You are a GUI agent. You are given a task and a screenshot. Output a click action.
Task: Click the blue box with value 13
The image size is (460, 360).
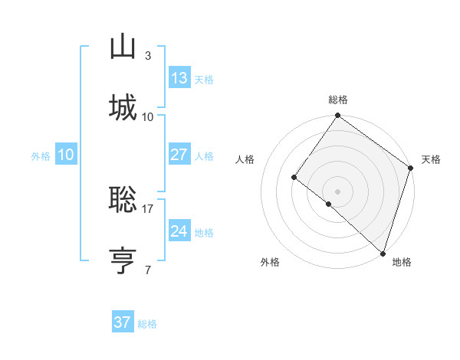click(x=179, y=78)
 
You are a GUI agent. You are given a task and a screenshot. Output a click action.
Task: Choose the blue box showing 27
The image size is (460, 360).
click(x=179, y=155)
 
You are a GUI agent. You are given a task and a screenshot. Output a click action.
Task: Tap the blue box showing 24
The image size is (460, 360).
click(x=179, y=231)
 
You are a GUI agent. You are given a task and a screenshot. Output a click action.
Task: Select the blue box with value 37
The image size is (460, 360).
click(x=123, y=322)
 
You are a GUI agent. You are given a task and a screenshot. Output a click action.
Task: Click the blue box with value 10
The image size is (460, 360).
click(x=66, y=155)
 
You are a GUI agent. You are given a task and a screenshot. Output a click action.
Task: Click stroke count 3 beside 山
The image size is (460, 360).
click(x=147, y=56)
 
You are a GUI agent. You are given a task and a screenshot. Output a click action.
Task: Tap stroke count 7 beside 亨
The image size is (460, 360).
click(x=147, y=270)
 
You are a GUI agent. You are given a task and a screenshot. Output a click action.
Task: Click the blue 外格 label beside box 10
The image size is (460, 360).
click(x=41, y=155)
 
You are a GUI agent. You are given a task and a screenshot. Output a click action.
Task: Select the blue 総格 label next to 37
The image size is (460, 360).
click(x=147, y=324)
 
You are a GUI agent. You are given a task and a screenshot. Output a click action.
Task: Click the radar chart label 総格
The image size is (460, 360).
click(x=337, y=100)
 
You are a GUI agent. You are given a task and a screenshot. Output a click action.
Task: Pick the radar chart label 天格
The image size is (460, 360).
click(x=431, y=159)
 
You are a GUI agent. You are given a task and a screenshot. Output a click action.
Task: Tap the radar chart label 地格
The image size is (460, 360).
click(x=402, y=262)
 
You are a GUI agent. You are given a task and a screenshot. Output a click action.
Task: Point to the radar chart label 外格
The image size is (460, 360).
click(x=270, y=262)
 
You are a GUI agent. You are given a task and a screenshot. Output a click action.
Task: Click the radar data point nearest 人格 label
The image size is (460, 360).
click(x=294, y=178)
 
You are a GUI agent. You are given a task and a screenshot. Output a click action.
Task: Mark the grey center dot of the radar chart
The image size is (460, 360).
click(x=337, y=191)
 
